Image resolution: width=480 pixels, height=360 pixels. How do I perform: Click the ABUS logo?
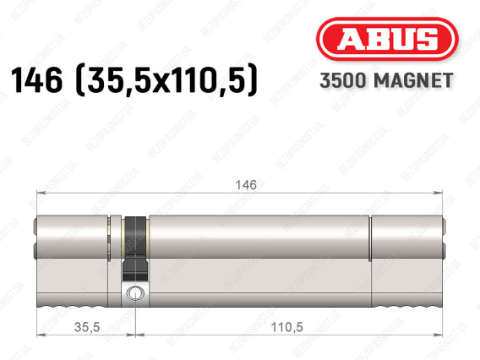click(x=387, y=39)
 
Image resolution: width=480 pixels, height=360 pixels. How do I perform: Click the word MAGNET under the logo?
click(x=413, y=80)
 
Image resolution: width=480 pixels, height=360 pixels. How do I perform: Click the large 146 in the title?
click(x=36, y=80)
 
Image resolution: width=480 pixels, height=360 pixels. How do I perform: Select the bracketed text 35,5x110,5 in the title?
click(x=166, y=80)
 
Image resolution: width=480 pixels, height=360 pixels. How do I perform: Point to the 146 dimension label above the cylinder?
click(x=246, y=185)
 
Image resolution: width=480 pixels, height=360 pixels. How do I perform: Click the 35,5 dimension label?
click(x=87, y=327)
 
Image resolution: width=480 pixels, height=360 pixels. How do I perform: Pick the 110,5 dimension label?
click(x=286, y=327)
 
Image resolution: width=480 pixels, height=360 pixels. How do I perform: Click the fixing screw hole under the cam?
click(x=135, y=293)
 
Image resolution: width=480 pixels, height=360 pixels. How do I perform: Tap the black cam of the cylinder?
click(x=135, y=248)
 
